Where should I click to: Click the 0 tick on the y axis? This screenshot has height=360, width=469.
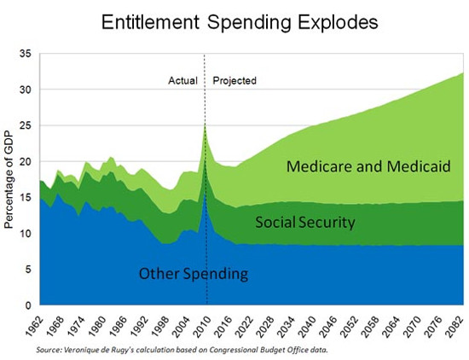(26, 305)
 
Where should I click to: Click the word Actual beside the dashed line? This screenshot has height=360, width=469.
(182, 81)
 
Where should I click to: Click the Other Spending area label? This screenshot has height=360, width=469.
(193, 274)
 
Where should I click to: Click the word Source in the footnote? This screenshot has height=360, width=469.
(50, 350)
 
